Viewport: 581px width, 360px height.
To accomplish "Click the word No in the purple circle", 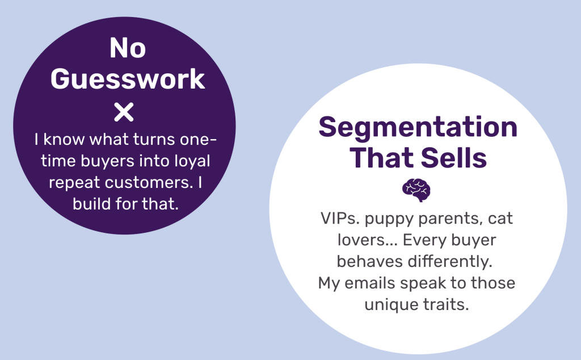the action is tap(128, 48).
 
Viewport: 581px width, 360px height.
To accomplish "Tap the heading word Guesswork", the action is tap(128, 79).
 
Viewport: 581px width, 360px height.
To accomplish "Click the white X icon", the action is tap(124, 112).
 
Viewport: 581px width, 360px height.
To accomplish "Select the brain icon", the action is tap(416, 190).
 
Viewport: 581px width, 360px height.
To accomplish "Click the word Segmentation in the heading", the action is tap(418, 127).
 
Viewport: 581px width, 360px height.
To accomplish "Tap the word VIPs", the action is tap(340, 219).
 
